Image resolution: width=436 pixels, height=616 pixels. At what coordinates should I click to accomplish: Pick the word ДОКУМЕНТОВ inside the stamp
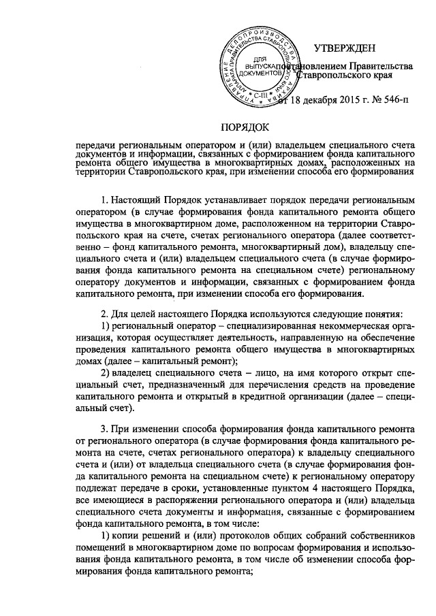(x=260, y=71)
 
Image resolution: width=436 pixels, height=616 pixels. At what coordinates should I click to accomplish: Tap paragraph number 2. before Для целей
(x=104, y=313)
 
